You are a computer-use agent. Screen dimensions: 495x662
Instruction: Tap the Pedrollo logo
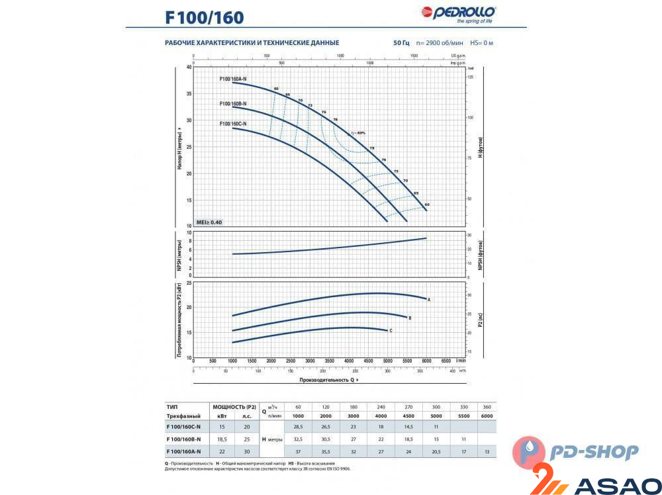[x=458, y=13]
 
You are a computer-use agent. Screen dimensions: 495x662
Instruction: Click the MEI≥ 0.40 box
[x=210, y=222]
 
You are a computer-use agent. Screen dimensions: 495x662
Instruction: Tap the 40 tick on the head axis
[x=188, y=67]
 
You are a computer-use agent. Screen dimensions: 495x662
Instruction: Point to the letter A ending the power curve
[x=429, y=300]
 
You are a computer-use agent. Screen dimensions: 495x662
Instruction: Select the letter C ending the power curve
[x=391, y=330]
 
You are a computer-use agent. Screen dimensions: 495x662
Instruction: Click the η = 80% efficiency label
[x=356, y=133]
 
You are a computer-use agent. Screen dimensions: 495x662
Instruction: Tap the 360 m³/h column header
[x=487, y=406]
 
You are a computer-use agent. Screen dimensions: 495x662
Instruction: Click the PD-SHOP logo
[x=575, y=453]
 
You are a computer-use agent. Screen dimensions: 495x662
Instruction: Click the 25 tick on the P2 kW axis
[x=188, y=283]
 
